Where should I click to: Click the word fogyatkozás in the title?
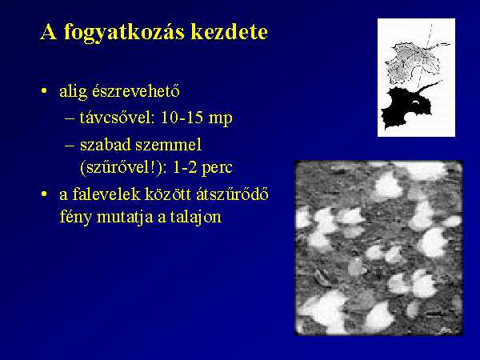(124, 33)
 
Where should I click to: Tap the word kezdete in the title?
(230, 31)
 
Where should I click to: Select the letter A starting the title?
(48, 31)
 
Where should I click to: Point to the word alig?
(73, 92)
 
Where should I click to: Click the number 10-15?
(182, 118)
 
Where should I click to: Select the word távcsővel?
(117, 118)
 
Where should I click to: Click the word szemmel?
(168, 145)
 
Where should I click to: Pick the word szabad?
(105, 144)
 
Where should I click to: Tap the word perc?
(217, 169)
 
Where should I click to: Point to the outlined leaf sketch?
(414, 62)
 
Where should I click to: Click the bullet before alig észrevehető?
(45, 91)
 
